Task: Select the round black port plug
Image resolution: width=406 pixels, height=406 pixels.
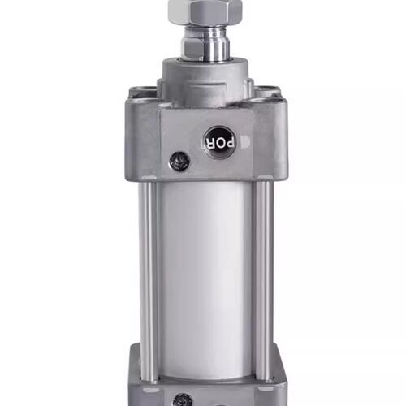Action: (x=220, y=143)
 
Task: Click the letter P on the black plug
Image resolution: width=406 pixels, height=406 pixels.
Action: (x=230, y=144)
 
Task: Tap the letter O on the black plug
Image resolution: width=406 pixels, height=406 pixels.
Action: (x=219, y=144)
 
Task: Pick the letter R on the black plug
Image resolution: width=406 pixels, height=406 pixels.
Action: (x=209, y=143)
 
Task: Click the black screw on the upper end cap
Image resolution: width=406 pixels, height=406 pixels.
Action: (x=179, y=162)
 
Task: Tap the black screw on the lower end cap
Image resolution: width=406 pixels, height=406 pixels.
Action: (x=183, y=400)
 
